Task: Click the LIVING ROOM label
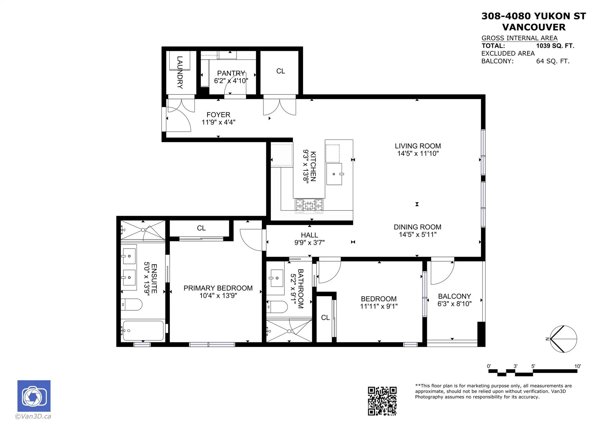tap(417, 146)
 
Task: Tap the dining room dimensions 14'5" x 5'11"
tap(417, 234)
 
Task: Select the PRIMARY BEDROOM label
tap(218, 288)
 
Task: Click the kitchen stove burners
tap(309, 206)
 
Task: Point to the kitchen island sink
tap(334, 174)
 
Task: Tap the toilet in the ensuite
tap(132, 304)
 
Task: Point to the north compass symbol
tap(563, 339)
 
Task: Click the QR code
tap(382, 401)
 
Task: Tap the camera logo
tap(34, 396)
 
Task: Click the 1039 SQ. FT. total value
tap(555, 46)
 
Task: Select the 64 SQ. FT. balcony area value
tap(552, 61)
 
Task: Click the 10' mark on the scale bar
tap(577, 367)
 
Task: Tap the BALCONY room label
tap(454, 296)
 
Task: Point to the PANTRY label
tap(231, 73)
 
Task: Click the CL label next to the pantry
tap(280, 71)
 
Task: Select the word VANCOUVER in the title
tap(534, 27)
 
